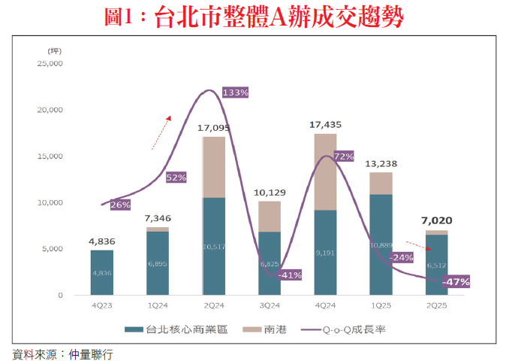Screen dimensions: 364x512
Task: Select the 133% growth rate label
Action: coord(235,92)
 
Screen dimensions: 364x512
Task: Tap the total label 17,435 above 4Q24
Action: coord(325,125)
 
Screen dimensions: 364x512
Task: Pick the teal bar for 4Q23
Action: coord(101,272)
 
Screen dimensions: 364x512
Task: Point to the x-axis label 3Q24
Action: coord(270,308)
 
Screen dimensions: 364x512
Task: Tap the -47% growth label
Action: coord(456,282)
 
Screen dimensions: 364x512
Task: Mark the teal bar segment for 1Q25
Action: coord(381,244)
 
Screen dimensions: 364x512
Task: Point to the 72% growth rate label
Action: coord(344,156)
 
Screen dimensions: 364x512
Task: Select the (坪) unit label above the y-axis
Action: coord(54,50)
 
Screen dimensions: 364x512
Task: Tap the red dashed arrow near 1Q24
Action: coord(161,129)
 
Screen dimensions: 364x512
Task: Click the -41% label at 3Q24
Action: coord(289,275)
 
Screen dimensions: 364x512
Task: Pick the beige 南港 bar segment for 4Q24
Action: coord(325,171)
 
